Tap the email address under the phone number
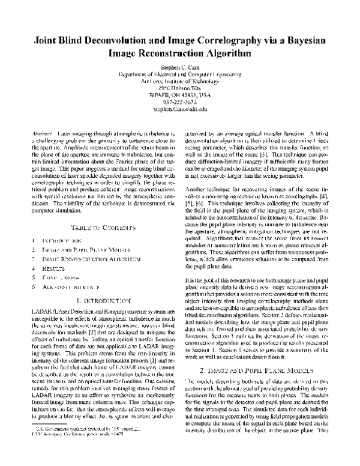coord(179,109)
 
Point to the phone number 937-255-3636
coord(179,101)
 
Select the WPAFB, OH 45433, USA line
coord(179,92)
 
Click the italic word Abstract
coord(40,132)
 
